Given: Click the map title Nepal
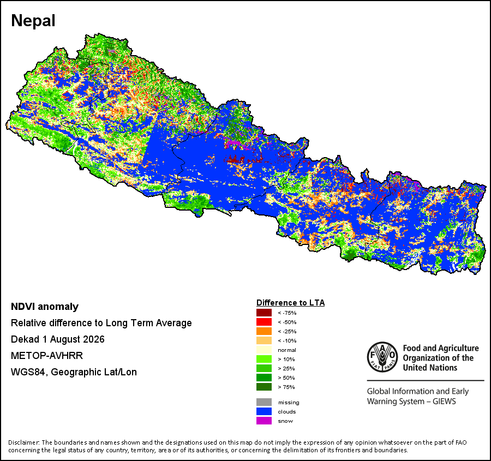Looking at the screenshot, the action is point(33,21).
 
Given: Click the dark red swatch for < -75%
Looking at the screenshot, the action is point(264,313).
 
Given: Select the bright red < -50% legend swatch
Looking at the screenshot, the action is point(264,322).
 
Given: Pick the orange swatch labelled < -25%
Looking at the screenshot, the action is point(264,331).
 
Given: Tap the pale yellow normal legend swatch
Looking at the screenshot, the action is point(264,350).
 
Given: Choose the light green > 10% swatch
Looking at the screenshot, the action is point(264,359).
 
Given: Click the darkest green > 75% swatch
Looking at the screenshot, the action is point(264,387).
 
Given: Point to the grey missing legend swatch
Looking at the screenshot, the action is point(264,402).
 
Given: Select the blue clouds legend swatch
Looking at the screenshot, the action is point(264,411).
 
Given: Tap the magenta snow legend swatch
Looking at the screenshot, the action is point(264,421).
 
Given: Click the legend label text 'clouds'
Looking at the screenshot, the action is point(287,411).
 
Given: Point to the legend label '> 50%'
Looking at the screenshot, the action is point(286,378).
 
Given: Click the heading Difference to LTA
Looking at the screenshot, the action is point(291,303).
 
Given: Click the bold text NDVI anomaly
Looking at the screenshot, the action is point(45,307).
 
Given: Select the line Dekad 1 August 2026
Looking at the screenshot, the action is point(58,339).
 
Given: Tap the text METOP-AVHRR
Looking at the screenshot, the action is point(47,356).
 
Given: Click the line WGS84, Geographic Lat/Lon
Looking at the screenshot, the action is point(74,372).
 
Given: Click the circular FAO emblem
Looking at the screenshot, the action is point(382,357).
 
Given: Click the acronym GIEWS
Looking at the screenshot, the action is point(444,402).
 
